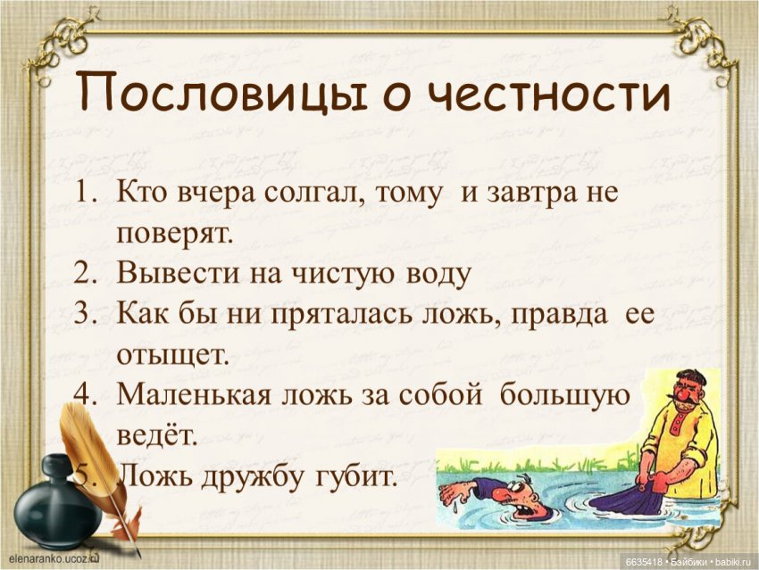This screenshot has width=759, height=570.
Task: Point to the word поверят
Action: (175, 235)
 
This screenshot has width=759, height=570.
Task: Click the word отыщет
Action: (173, 353)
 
